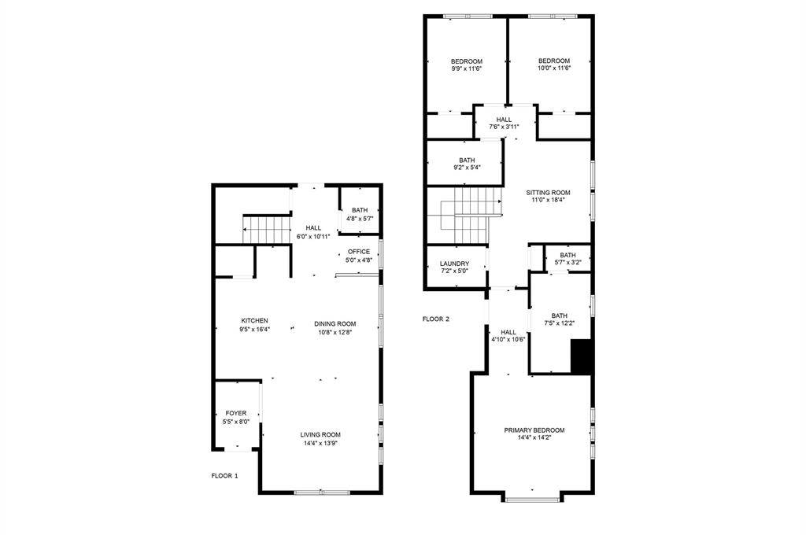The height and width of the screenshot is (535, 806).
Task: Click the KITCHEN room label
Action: (254, 321)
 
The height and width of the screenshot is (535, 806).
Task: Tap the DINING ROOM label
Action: (335, 323)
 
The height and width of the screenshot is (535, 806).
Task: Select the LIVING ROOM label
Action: (320, 434)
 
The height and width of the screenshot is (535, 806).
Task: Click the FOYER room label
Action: (236, 413)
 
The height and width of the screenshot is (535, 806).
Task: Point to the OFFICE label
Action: (359, 252)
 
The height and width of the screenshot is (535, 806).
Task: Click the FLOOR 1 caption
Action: (224, 476)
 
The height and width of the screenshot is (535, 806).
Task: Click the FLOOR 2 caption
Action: (435, 319)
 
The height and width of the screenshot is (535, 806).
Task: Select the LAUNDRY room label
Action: (455, 264)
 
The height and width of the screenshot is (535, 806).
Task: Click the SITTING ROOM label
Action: (549, 193)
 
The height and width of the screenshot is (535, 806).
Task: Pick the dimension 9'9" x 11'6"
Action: (466, 68)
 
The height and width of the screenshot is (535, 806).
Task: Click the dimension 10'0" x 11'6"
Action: (553, 68)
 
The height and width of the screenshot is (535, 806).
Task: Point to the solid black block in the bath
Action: (581, 356)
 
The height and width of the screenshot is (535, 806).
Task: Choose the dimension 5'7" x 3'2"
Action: (568, 263)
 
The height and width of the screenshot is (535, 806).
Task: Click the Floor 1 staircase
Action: (268, 230)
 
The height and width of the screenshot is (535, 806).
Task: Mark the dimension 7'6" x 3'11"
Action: (504, 127)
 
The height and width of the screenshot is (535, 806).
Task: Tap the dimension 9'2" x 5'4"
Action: (467, 167)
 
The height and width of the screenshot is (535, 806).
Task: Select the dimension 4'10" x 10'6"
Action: (508, 340)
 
